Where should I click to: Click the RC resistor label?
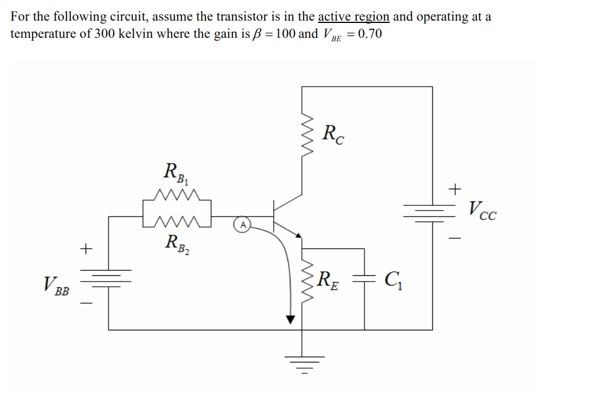point(333,135)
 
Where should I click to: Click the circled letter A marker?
point(243,225)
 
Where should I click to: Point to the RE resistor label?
point(328,280)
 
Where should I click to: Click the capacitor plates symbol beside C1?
point(364,279)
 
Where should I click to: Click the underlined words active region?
point(354,16)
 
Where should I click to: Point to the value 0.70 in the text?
point(369,33)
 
